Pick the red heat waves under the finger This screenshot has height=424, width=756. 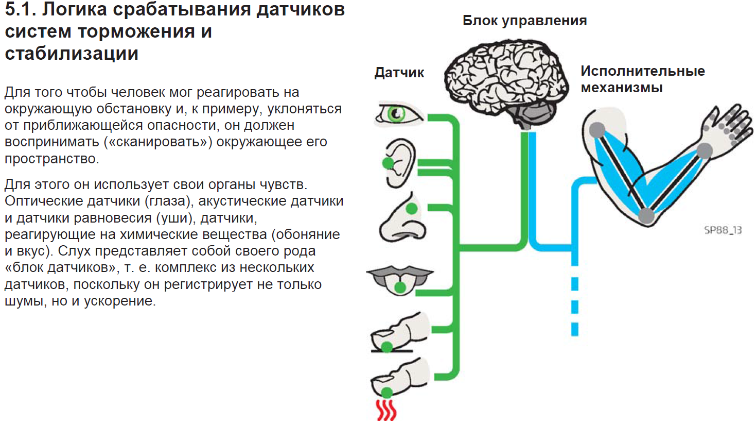386,410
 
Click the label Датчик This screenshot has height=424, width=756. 399,73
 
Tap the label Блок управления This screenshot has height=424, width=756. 524,21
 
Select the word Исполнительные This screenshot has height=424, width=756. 642,71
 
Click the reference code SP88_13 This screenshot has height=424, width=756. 723,230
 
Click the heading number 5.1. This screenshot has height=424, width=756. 20,9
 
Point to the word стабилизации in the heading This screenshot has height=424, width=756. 72,54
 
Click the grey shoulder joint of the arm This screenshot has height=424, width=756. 597,130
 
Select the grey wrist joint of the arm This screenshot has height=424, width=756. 704,151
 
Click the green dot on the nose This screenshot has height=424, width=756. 411,209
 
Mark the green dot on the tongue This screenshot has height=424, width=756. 400,287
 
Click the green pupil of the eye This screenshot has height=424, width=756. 395,113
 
